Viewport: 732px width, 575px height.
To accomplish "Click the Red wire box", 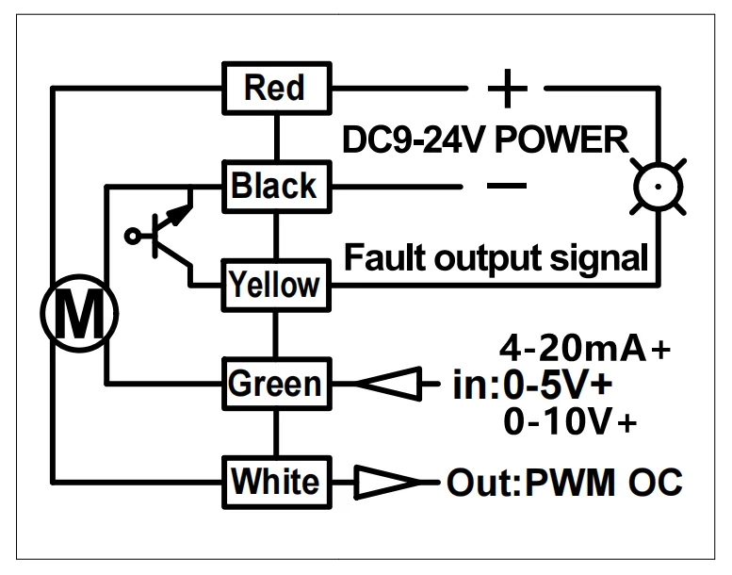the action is (277, 88).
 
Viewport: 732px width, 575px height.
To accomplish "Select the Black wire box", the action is (277, 187).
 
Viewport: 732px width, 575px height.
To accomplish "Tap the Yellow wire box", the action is (276, 285).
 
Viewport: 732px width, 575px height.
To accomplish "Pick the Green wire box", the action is (277, 384).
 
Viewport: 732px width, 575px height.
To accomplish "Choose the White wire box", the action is (277, 483).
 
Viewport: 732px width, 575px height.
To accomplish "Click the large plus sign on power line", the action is (508, 89).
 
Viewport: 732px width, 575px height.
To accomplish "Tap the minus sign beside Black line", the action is (507, 186).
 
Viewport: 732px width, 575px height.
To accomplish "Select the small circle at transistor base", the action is (133, 236).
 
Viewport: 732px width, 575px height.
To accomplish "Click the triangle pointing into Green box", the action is (389, 384).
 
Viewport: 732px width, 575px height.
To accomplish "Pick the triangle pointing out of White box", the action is (387, 482).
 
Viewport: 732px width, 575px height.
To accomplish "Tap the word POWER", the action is (561, 140).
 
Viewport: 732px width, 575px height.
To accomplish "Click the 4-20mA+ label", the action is (585, 348).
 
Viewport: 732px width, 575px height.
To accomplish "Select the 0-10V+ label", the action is (570, 421).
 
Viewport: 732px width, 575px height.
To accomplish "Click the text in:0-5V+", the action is (532, 385).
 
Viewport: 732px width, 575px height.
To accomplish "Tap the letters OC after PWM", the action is (656, 482).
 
